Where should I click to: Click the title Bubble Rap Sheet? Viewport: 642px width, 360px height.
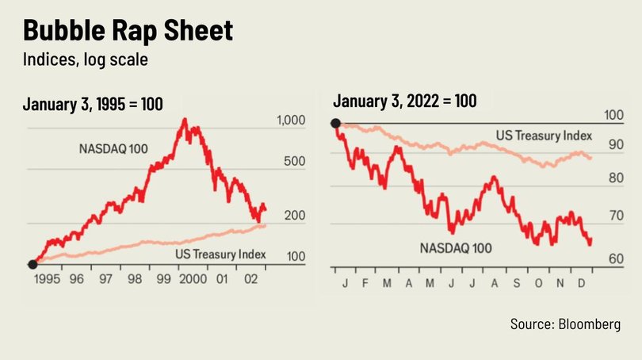[x=128, y=32]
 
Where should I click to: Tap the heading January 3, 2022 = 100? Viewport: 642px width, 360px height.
[x=405, y=101]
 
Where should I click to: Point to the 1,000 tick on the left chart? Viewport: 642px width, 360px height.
[x=291, y=121]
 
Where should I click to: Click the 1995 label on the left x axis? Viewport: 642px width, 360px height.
[x=50, y=279]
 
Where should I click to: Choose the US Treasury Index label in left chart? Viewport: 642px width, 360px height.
[x=218, y=255]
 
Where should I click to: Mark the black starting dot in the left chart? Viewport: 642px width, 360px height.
[x=33, y=264]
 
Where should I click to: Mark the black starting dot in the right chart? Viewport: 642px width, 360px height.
[x=336, y=123]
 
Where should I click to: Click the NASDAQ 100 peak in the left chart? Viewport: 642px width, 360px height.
[x=184, y=120]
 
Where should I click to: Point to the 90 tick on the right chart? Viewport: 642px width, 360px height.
[x=614, y=145]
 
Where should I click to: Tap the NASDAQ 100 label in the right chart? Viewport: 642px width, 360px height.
[x=455, y=248]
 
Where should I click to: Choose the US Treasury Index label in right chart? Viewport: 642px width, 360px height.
[x=545, y=136]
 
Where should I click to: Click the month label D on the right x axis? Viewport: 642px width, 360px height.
[x=583, y=283]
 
